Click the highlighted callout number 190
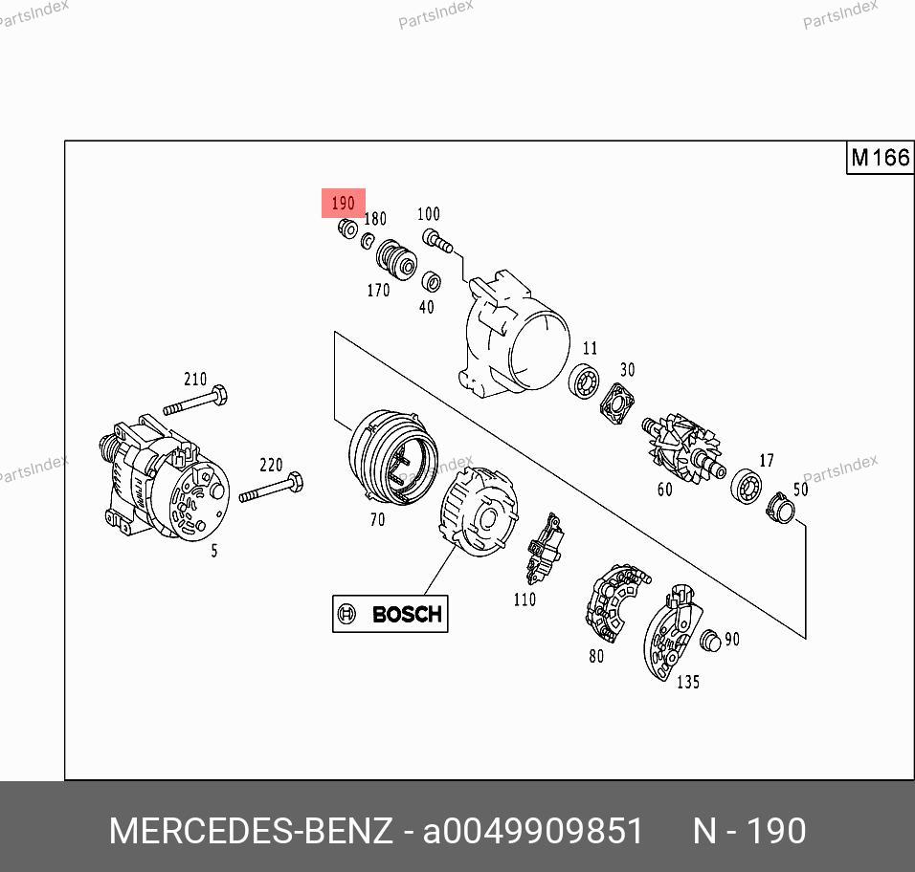coord(343,203)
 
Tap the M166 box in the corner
coord(880,158)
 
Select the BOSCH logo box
coord(390,614)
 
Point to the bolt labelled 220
coord(271,488)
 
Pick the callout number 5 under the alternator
coord(214,550)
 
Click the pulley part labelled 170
coord(396,259)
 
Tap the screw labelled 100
coord(437,241)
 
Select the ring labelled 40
coord(432,281)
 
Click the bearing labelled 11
coord(584,381)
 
